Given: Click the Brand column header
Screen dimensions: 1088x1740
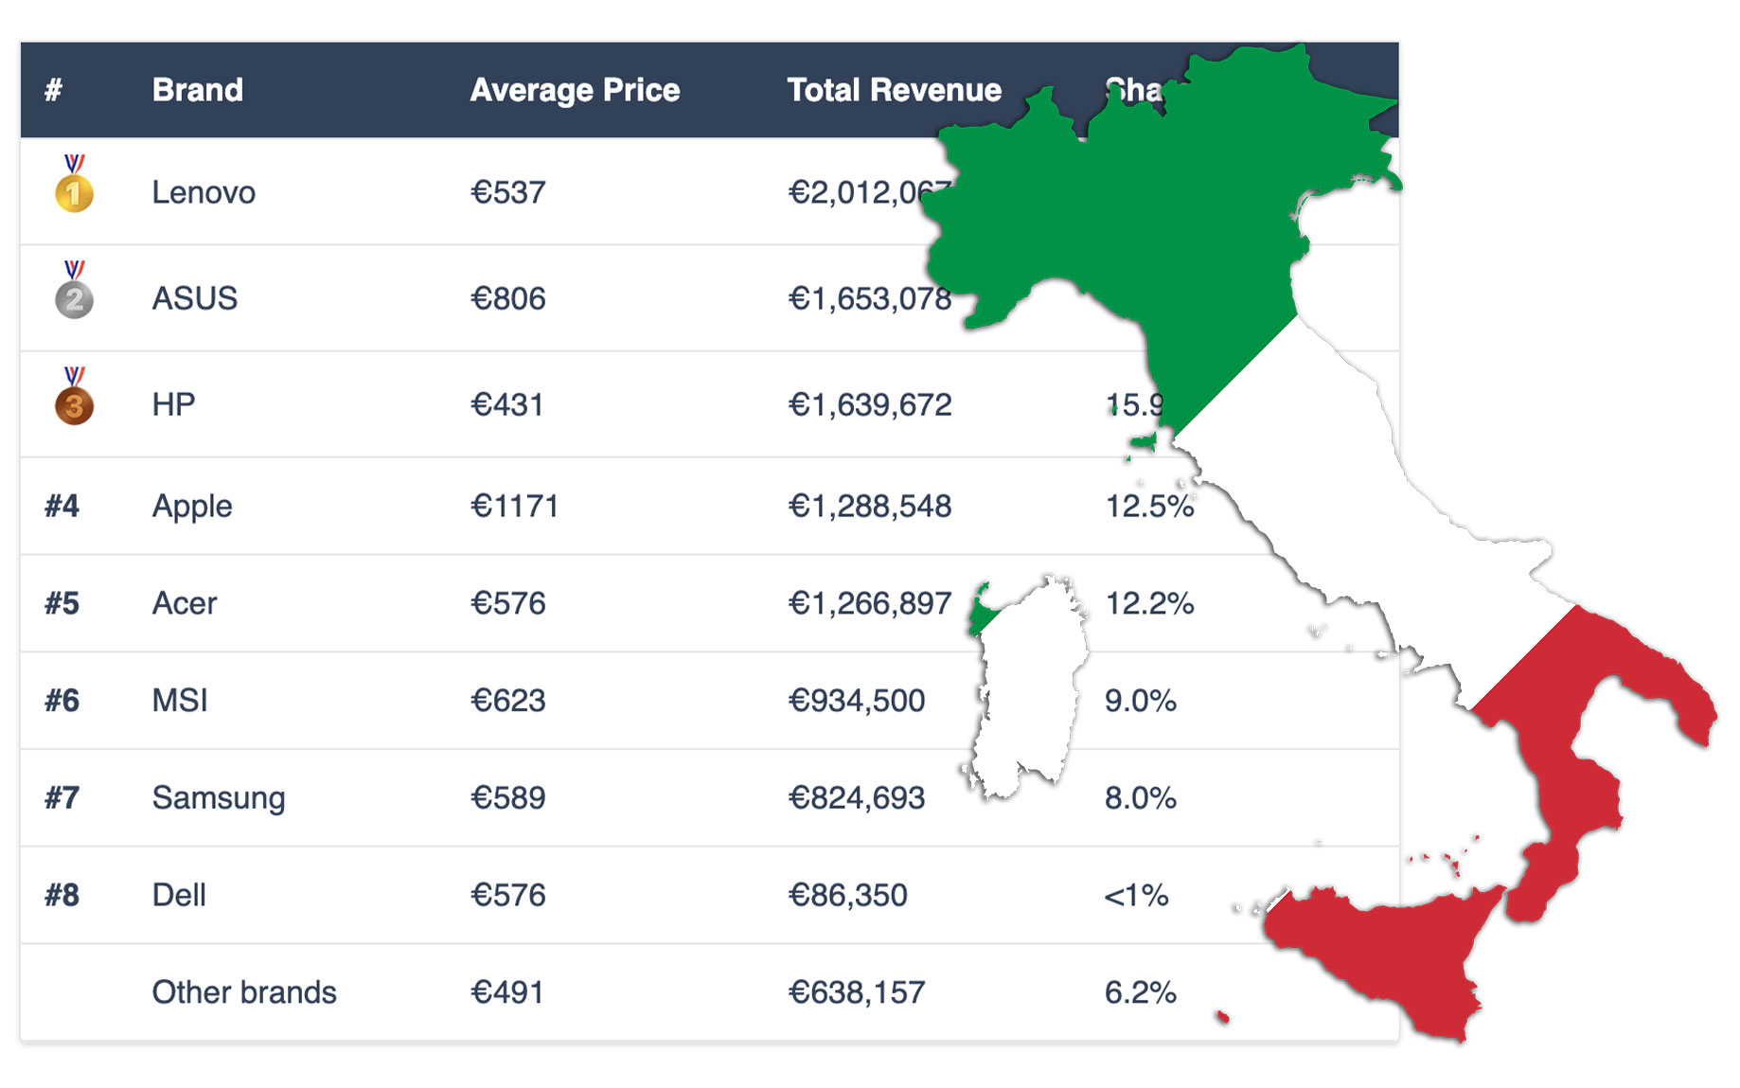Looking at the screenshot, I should (197, 90).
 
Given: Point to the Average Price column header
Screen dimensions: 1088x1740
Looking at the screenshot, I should (575, 90).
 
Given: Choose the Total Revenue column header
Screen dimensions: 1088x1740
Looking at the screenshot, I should (894, 90).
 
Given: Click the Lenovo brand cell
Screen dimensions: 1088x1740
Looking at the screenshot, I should (204, 192).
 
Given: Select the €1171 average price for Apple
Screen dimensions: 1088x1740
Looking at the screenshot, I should (514, 506).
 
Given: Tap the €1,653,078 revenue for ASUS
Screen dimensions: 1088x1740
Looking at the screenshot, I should (869, 298).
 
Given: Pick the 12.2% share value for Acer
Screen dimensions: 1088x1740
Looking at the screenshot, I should (1149, 603).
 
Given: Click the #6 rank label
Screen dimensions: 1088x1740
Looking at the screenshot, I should (62, 701).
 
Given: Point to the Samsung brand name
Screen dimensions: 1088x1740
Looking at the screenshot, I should (218, 798).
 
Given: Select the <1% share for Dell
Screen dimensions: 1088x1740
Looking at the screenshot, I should (1136, 895).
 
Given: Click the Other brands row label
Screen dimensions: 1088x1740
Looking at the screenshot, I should (244, 992).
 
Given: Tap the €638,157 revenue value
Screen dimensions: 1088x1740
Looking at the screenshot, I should (856, 992).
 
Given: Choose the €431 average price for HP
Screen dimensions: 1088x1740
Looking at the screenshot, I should (506, 405).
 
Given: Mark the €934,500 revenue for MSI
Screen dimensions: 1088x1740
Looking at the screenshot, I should (856, 701).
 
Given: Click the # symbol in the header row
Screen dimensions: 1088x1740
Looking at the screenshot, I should (53, 90).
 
